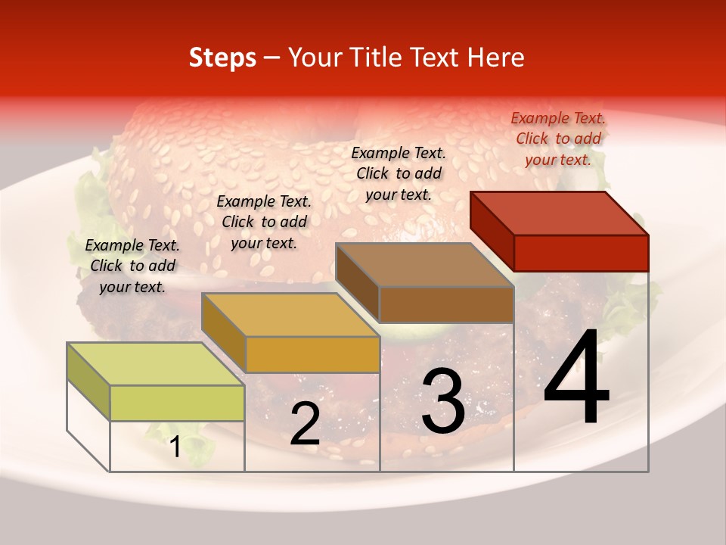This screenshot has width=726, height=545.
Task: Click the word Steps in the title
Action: point(222,58)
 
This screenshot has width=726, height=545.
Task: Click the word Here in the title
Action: point(496,58)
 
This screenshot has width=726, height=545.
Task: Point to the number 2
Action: point(305,425)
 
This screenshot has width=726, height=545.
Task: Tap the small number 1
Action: point(175,447)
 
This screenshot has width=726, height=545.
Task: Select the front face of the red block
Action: point(581,253)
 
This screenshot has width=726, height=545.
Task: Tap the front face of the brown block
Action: point(446,305)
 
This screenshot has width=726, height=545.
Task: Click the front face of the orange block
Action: point(312,355)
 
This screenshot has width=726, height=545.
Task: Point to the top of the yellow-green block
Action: point(156,364)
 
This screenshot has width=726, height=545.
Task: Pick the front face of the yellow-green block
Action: point(177,403)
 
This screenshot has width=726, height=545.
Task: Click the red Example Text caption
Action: point(558,139)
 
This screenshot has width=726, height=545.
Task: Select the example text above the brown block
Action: point(399,173)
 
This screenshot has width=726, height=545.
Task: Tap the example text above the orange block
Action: point(264,222)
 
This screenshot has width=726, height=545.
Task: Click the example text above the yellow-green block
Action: point(132,266)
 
